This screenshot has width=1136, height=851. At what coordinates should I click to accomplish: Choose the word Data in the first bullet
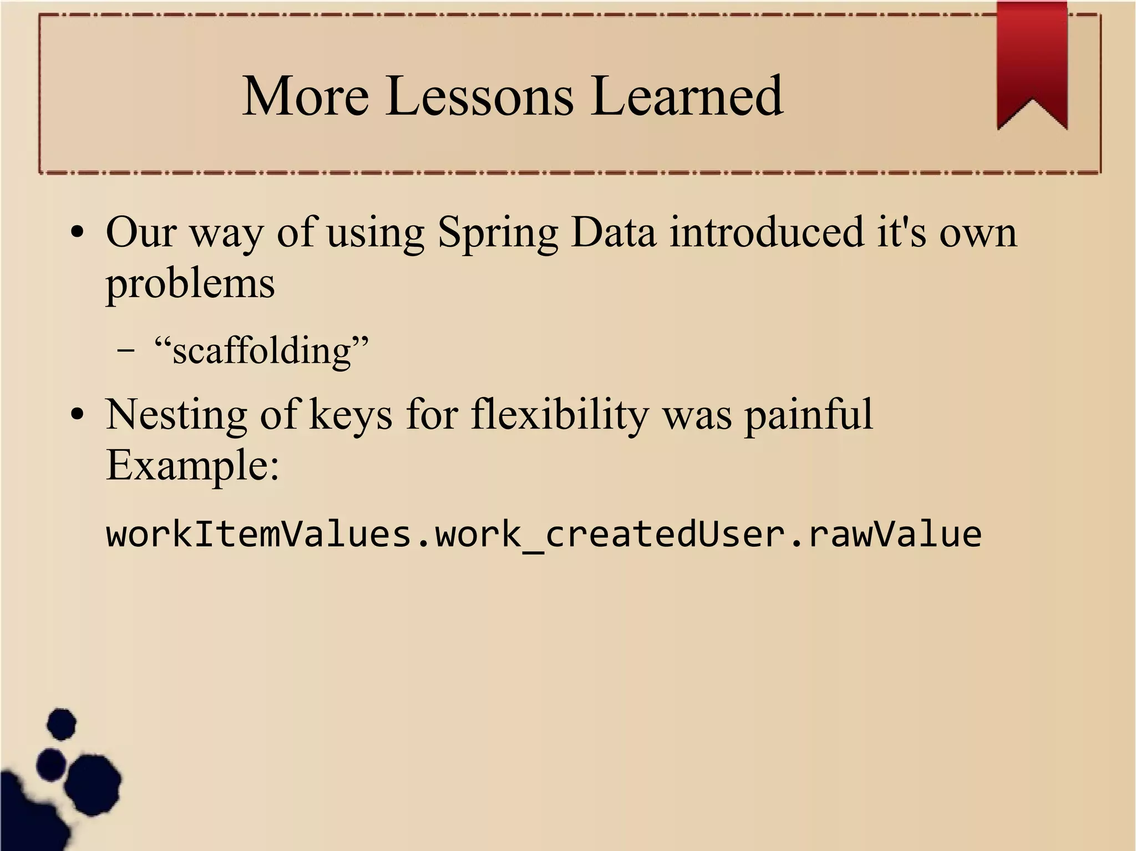(613, 232)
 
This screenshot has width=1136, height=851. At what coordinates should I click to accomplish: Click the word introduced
(767, 232)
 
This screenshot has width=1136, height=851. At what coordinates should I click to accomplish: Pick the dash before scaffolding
(126, 351)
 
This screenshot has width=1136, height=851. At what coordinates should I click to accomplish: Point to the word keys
(351, 416)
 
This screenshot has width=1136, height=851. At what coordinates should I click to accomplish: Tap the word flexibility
(559, 416)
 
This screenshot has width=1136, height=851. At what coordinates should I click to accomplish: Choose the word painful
(808, 416)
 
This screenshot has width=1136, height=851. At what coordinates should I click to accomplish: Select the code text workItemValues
(258, 535)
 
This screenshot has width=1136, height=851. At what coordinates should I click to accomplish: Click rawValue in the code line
(894, 535)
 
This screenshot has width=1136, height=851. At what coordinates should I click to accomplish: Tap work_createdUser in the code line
(608, 535)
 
